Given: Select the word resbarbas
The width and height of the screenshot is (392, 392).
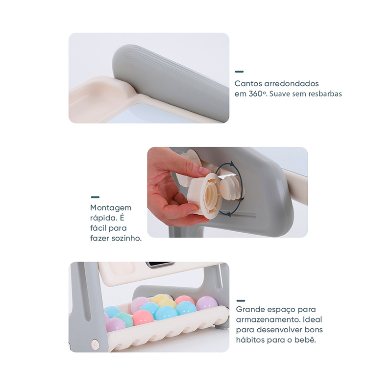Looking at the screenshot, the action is click(x=325, y=94).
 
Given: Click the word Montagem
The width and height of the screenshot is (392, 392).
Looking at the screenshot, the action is click(x=111, y=208).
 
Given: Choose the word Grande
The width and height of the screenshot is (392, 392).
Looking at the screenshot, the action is click(x=250, y=309).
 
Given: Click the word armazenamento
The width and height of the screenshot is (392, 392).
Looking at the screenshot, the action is click(x=268, y=319).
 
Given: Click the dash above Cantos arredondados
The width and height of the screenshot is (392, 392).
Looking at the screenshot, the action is click(x=239, y=72).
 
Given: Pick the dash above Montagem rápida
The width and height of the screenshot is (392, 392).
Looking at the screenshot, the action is click(x=95, y=197).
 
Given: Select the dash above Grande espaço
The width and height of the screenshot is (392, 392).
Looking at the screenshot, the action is click(x=241, y=301).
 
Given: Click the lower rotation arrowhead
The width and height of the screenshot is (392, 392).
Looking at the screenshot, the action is click(x=228, y=213).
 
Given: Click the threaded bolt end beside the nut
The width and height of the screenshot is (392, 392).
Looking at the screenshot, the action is click(x=230, y=187).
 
